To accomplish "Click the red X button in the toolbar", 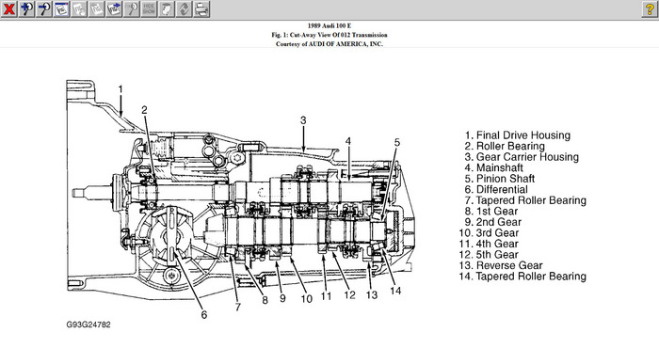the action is [x=8, y=8].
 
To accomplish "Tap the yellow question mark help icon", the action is [x=650, y=8].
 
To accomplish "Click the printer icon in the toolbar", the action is [x=201, y=8].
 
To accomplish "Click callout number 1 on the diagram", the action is [x=121, y=89].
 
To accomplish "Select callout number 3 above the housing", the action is [x=303, y=120].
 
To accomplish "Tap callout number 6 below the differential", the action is [x=204, y=314].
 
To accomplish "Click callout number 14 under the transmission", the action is [x=395, y=291].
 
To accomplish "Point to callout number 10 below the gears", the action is [x=306, y=298].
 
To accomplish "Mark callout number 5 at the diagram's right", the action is [x=397, y=142].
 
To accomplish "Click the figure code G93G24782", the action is [x=88, y=324].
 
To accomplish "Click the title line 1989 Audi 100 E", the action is [x=329, y=25].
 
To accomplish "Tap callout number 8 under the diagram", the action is [x=265, y=300].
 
